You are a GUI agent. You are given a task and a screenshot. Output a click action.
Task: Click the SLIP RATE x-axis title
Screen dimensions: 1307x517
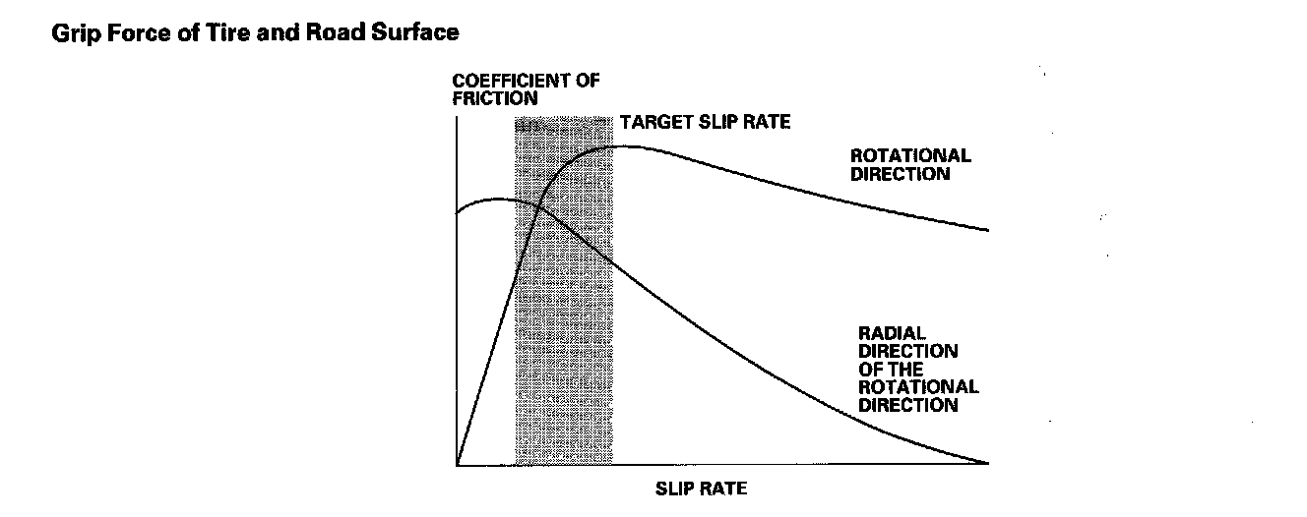click(701, 488)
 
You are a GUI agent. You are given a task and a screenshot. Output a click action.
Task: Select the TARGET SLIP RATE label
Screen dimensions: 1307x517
click(705, 123)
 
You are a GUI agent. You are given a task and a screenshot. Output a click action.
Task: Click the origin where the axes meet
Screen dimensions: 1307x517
click(458, 463)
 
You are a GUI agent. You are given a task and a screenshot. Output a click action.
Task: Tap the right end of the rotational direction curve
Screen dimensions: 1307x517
click(987, 231)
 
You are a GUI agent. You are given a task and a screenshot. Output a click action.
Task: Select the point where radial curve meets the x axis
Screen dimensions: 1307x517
click(987, 463)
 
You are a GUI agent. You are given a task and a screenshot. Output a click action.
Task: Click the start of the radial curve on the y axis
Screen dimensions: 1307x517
click(458, 212)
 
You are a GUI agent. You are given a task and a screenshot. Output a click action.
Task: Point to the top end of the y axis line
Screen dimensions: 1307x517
click(458, 118)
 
